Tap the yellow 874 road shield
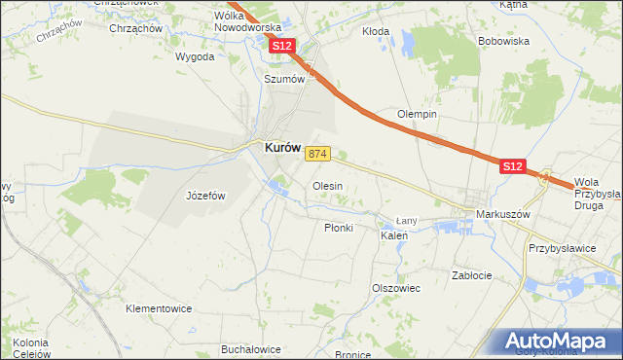point(318,154)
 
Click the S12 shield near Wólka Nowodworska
point(282,47)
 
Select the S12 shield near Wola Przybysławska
point(515,167)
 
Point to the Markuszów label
point(501,213)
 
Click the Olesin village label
point(326,185)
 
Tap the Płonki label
point(338,227)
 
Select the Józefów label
point(205,196)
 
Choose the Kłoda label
point(376,31)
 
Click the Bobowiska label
point(503,42)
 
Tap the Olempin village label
point(417,114)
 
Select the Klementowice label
point(159,308)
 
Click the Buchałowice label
point(251,349)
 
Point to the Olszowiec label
point(395,288)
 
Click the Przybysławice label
point(562,248)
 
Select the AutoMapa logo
point(557,342)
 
